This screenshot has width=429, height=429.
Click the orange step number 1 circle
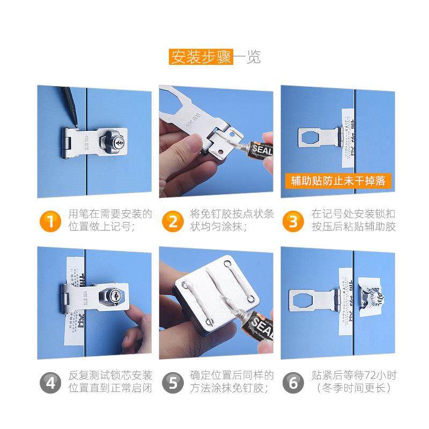[50, 221]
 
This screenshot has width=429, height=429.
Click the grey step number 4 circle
[50, 381]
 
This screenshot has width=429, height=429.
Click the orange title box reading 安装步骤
[201, 57]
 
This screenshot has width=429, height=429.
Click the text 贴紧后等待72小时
[353, 374]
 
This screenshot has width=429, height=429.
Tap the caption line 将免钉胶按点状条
[232, 214]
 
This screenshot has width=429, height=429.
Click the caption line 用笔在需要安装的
[110, 214]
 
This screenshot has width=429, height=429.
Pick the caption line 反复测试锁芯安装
[110, 374]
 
